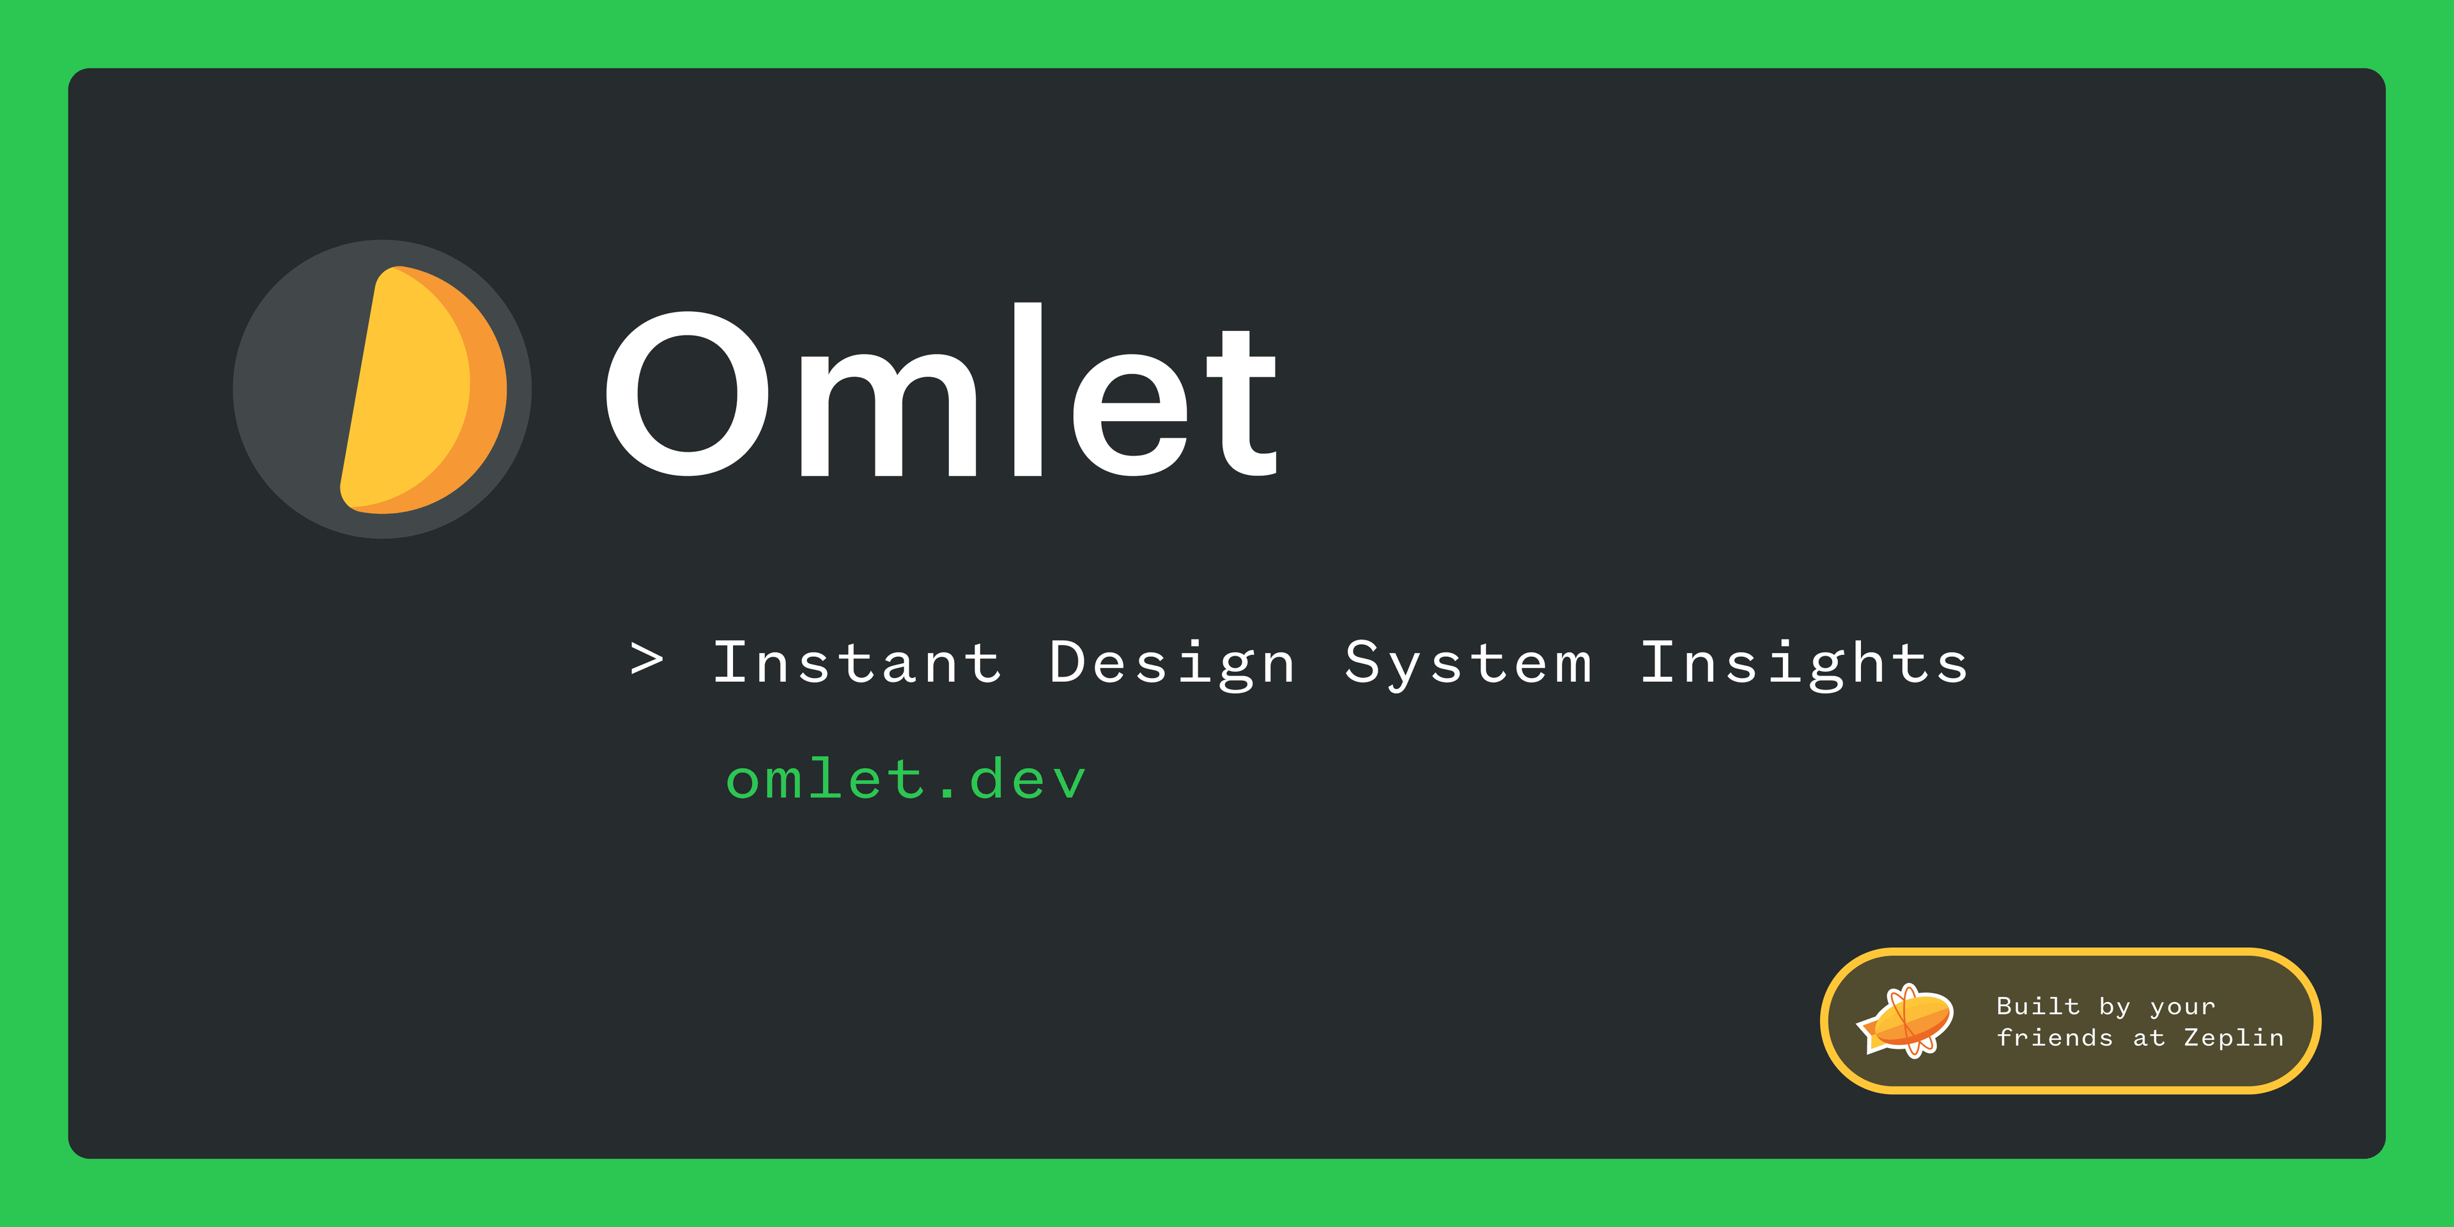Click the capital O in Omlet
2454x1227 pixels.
(687, 394)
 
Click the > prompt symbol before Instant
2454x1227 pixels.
(647, 660)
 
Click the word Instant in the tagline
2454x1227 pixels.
(858, 662)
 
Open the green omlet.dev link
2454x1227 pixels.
(905, 779)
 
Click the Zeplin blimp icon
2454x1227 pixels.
(1905, 1021)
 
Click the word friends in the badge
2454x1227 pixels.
(2054, 1037)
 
